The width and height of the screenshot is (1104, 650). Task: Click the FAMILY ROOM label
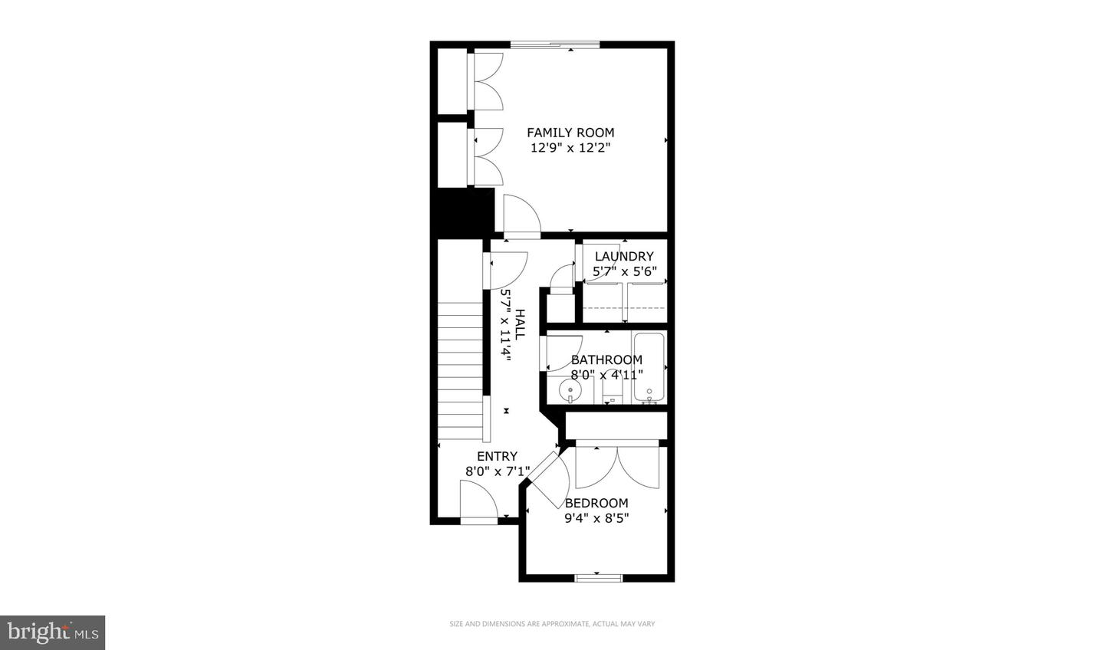[x=570, y=133]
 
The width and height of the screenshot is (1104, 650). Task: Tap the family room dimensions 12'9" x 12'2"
[x=570, y=148]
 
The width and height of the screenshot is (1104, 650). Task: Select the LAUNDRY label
[x=624, y=256]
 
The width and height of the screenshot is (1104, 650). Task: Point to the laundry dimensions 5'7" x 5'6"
[x=624, y=271]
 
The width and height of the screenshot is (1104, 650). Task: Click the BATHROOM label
[x=606, y=359]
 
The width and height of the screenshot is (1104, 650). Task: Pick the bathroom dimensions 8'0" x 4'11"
[x=606, y=375]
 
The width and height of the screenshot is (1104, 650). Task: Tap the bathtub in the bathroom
[x=649, y=366]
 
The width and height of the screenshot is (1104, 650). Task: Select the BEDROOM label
[x=596, y=503]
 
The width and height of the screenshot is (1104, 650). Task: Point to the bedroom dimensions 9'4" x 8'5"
[x=596, y=517]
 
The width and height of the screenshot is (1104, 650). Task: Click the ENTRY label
[x=497, y=456]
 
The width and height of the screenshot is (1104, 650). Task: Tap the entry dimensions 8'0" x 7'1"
[x=497, y=471]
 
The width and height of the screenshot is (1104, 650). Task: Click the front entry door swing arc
[x=479, y=499]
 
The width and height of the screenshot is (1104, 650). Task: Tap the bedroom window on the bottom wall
[x=599, y=577]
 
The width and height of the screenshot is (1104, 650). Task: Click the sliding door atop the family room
[x=555, y=44]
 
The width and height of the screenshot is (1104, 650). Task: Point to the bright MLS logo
[x=52, y=632]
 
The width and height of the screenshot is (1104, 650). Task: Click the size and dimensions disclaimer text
[x=552, y=624]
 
